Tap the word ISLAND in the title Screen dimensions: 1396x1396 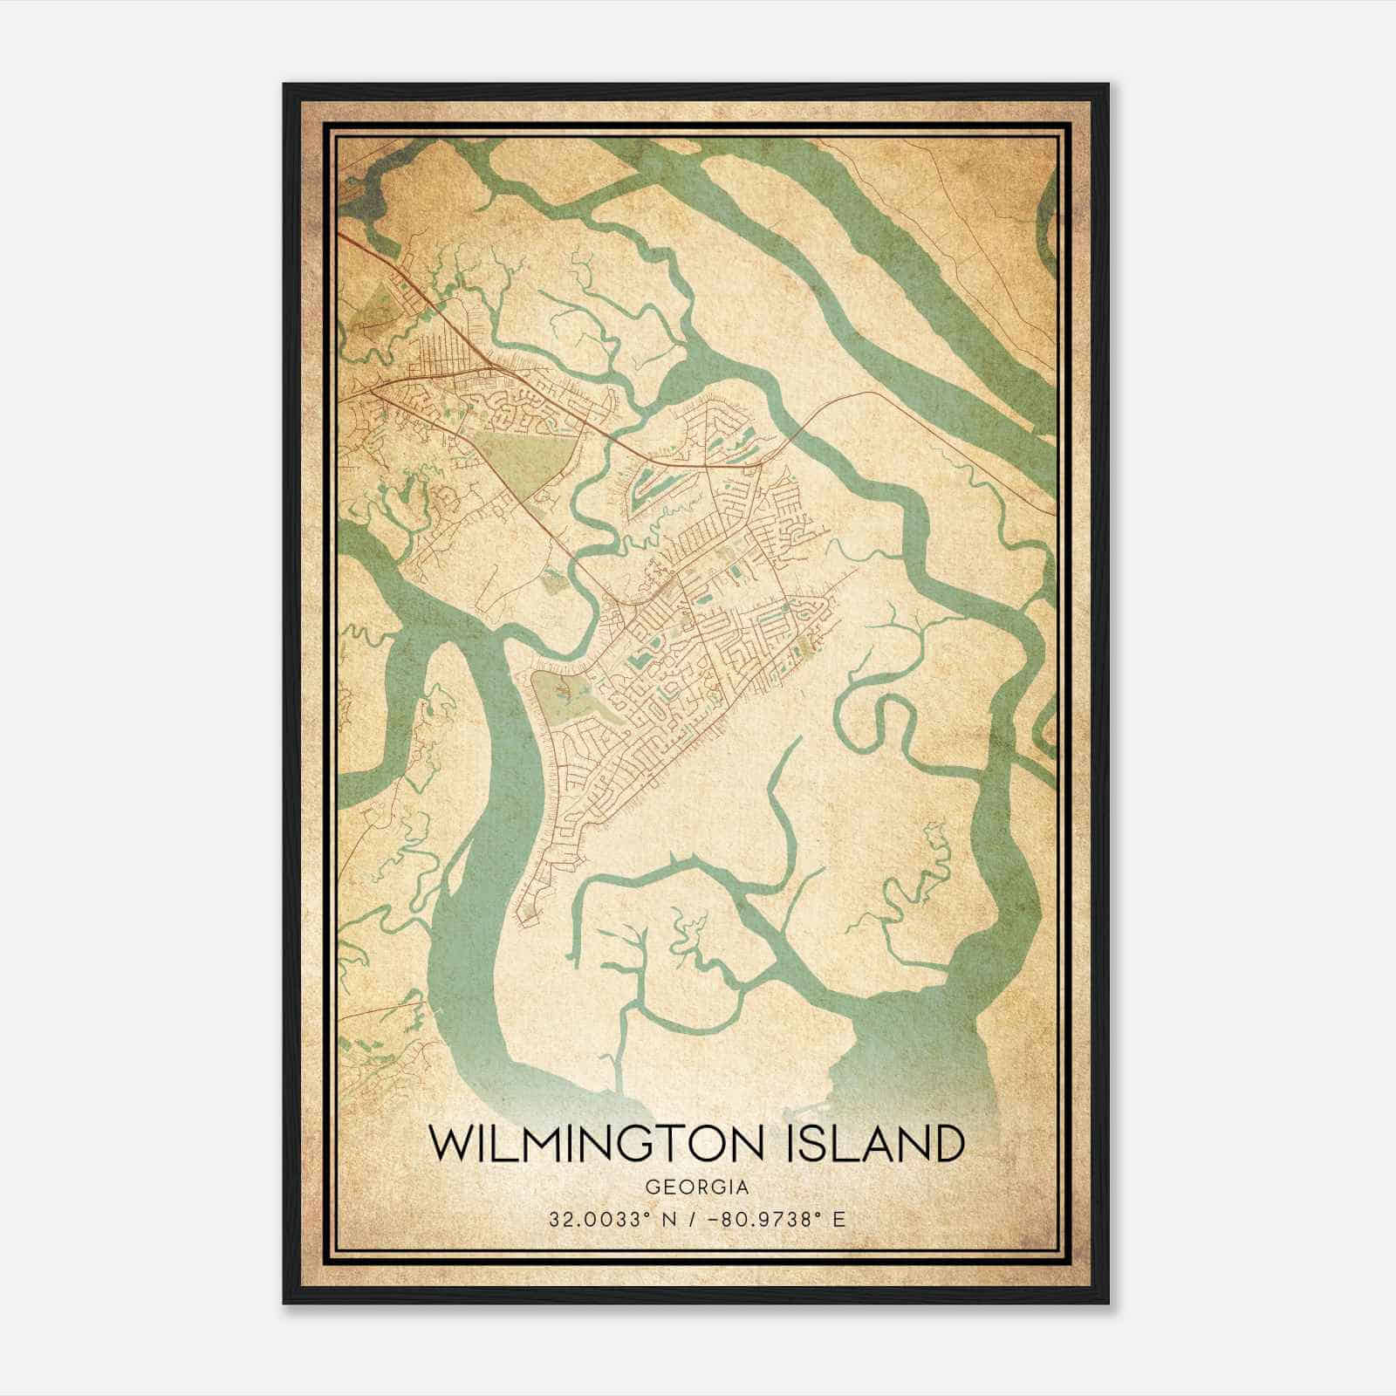tap(879, 1146)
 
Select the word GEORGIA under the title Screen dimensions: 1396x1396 tap(698, 1187)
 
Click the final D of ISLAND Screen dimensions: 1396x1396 tap(949, 1146)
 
